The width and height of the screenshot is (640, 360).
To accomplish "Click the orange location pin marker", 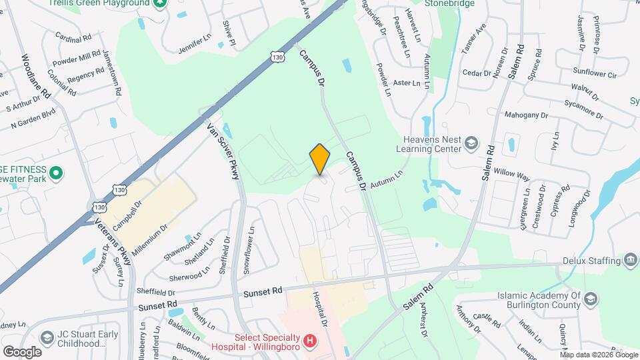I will (320, 159).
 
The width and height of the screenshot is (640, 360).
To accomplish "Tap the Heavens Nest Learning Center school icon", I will (471, 143).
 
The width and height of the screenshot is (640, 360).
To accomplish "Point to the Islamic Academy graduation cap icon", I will (590, 299).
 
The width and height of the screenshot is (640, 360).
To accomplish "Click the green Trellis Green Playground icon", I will (159, 3).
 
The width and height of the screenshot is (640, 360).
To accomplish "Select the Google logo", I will (22, 351).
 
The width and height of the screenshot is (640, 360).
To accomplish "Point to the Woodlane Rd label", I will (36, 77).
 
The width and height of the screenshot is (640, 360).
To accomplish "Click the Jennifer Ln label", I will (194, 47).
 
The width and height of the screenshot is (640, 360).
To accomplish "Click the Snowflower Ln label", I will (248, 249).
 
